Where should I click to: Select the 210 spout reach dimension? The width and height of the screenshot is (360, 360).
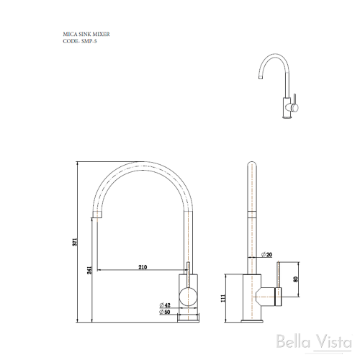coord(143,267)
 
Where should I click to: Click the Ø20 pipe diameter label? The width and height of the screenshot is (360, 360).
coord(267,254)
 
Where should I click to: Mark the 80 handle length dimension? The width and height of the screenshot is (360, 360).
coord(295,279)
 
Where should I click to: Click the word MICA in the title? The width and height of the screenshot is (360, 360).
coord(71,33)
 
